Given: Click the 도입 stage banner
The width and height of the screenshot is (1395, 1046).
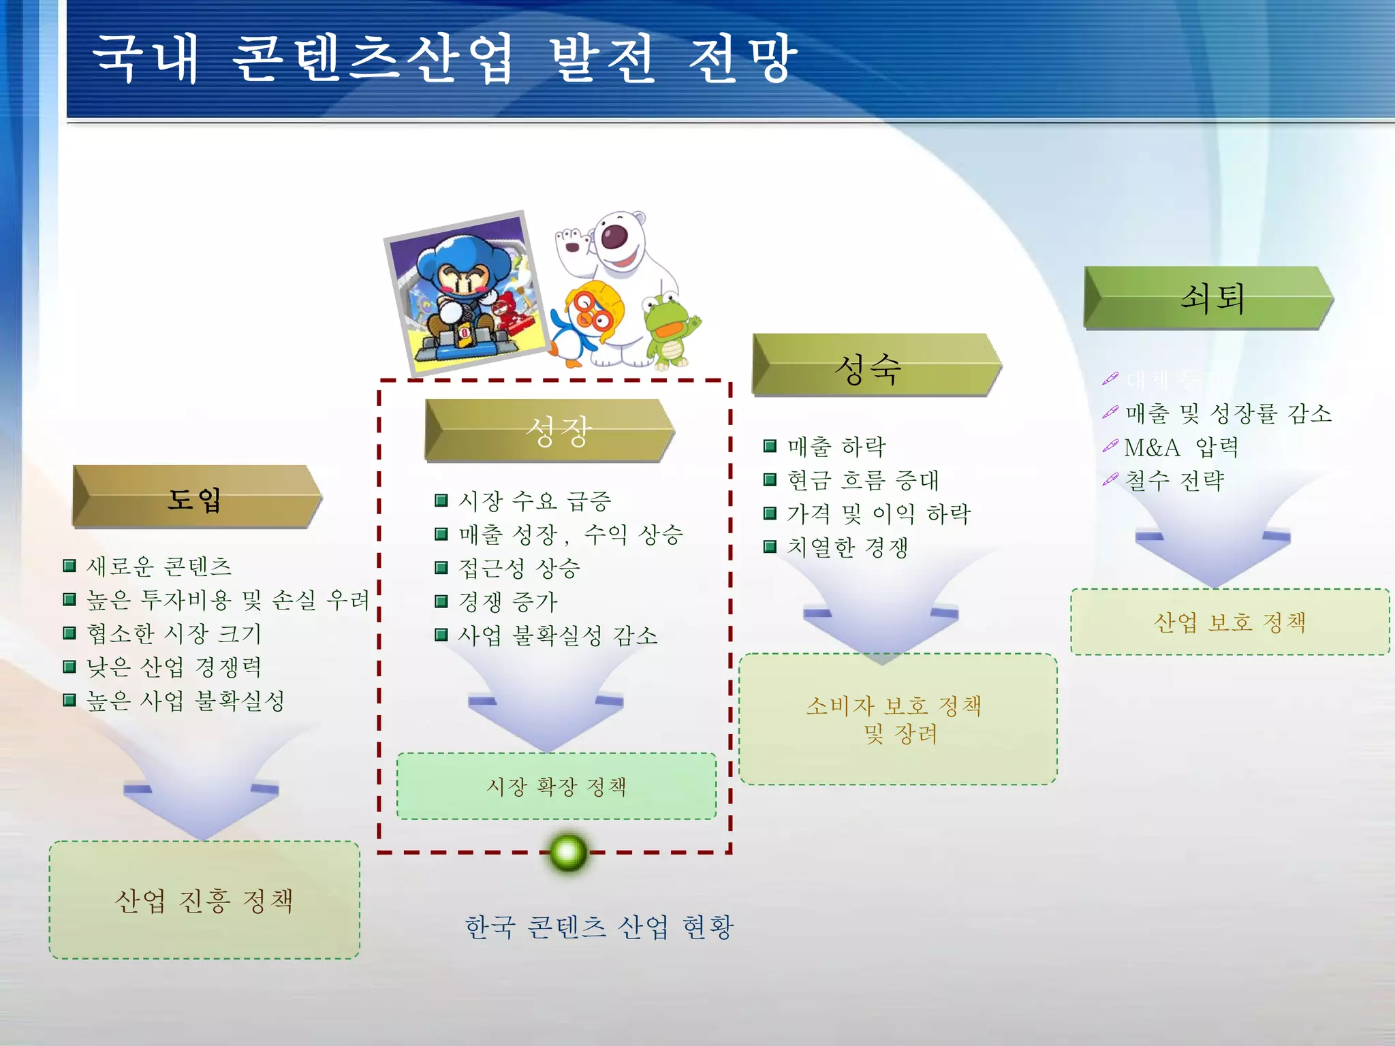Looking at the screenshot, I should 196,498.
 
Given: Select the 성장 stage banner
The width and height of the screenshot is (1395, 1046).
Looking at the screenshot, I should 549,431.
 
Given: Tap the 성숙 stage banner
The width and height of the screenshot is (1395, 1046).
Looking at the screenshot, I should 875,366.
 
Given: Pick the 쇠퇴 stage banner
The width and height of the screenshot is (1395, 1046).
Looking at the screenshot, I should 1208,298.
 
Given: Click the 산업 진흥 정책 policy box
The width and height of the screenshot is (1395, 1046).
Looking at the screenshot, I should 204,900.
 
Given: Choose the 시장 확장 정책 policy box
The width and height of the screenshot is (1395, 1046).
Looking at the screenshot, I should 557,787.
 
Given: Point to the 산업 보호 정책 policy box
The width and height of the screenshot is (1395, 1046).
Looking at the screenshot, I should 1229,622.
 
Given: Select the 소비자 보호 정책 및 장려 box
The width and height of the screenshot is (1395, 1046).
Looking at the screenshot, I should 898,719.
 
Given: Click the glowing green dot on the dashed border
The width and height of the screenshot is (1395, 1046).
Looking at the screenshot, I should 568,852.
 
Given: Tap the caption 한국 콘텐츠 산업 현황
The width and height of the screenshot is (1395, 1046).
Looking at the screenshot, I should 599,927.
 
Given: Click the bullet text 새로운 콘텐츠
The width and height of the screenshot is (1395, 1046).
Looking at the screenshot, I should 159,566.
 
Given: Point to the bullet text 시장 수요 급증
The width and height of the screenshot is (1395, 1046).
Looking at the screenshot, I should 535,501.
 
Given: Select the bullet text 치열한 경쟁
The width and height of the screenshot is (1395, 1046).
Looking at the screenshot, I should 847,547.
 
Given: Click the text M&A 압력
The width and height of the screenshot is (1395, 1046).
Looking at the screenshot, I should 1180,447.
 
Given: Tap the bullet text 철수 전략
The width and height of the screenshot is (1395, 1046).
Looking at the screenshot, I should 1174,481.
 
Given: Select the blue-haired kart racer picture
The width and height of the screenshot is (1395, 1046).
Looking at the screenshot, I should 467,293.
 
